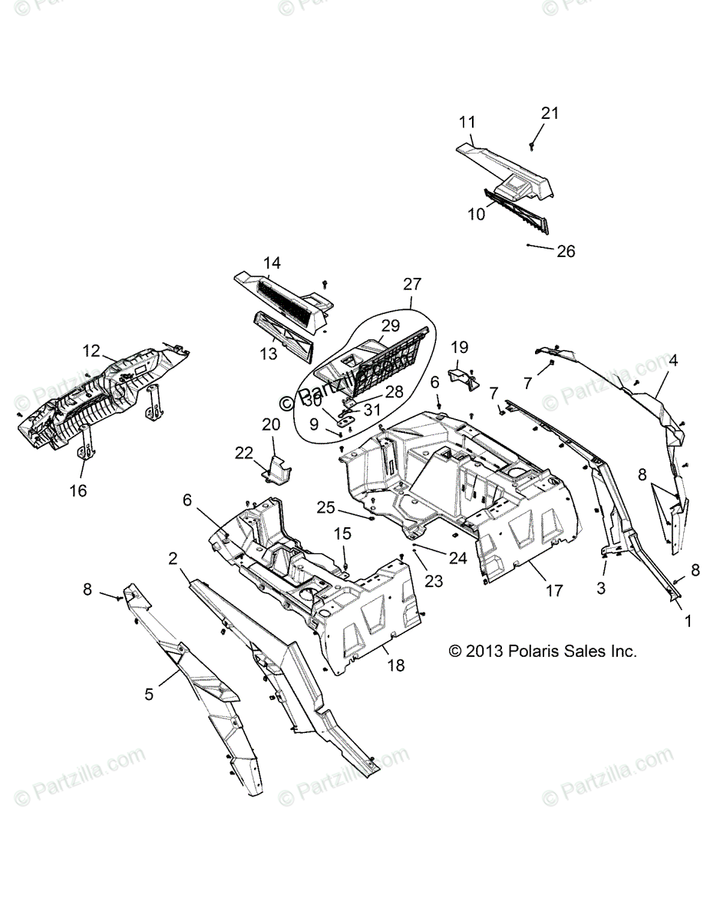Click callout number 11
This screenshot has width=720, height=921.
tap(467, 121)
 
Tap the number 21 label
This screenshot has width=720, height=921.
tap(550, 113)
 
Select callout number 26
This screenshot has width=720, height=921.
tap(565, 251)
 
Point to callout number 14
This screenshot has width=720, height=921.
tap(272, 263)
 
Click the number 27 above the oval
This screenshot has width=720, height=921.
tap(412, 284)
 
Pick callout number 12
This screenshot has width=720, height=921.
tap(92, 351)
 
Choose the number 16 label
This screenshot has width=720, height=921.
tap(79, 490)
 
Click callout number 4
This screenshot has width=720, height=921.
tap(672, 358)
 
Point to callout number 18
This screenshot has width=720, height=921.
tap(396, 665)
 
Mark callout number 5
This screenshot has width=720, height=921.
tap(149, 694)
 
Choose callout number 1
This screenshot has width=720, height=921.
tap(688, 620)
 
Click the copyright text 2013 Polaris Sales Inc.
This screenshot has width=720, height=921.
tap(543, 652)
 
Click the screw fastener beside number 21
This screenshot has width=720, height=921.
tap(532, 144)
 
